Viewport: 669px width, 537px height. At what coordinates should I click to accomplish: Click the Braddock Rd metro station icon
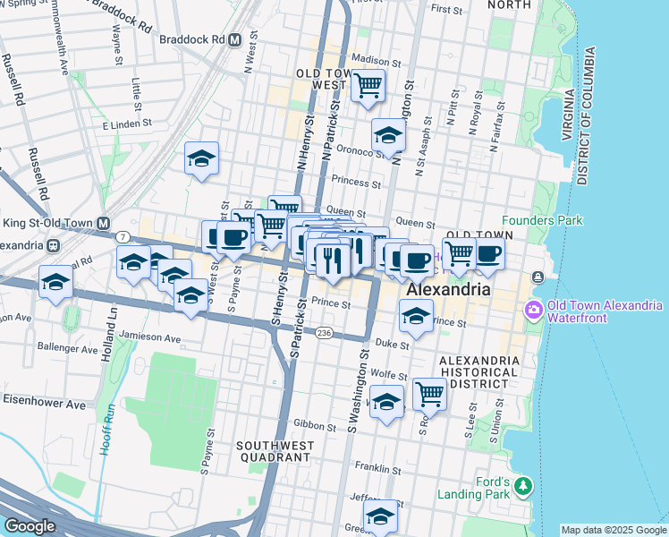(x=235, y=39)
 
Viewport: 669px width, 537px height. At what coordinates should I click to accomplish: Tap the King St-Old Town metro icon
(x=105, y=223)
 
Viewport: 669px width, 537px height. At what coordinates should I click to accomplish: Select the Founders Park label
(x=542, y=220)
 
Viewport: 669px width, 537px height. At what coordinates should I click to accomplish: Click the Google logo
(x=30, y=526)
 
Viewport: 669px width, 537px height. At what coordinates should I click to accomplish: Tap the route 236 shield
(x=324, y=332)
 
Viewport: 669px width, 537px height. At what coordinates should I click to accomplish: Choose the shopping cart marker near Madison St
(x=368, y=87)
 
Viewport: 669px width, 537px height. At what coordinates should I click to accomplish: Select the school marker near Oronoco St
(x=388, y=136)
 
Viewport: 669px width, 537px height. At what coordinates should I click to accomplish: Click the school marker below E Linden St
(x=202, y=159)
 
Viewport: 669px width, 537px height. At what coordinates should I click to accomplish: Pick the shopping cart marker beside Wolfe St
(x=430, y=393)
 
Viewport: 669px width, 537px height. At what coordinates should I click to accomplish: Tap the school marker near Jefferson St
(x=380, y=516)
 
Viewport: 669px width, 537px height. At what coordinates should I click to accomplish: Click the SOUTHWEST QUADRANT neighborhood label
(x=273, y=450)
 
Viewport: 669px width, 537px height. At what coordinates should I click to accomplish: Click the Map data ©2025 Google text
(x=614, y=530)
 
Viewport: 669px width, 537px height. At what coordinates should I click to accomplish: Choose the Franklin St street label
(x=377, y=467)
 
